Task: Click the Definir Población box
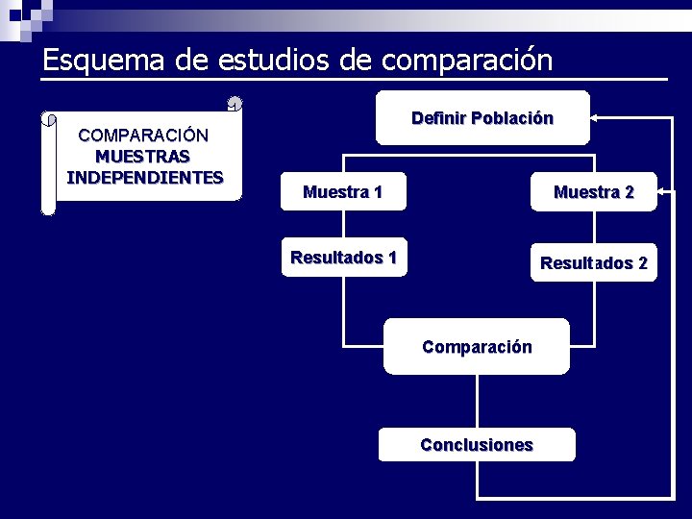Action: (x=482, y=118)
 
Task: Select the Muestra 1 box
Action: (x=342, y=192)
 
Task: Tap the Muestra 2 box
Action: (x=593, y=192)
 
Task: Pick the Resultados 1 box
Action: (x=343, y=258)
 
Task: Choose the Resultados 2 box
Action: (x=593, y=263)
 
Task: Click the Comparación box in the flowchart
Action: (x=477, y=347)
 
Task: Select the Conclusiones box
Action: (x=477, y=445)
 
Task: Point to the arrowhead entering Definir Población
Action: (x=594, y=118)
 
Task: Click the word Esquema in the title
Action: (x=104, y=61)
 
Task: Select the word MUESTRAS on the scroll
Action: (x=142, y=156)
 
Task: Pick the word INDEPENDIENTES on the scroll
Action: (x=144, y=177)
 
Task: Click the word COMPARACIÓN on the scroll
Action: (x=142, y=135)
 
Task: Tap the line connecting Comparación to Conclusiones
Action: (x=477, y=401)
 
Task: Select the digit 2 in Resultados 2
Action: (x=642, y=263)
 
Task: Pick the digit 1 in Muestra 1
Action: (x=378, y=192)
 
